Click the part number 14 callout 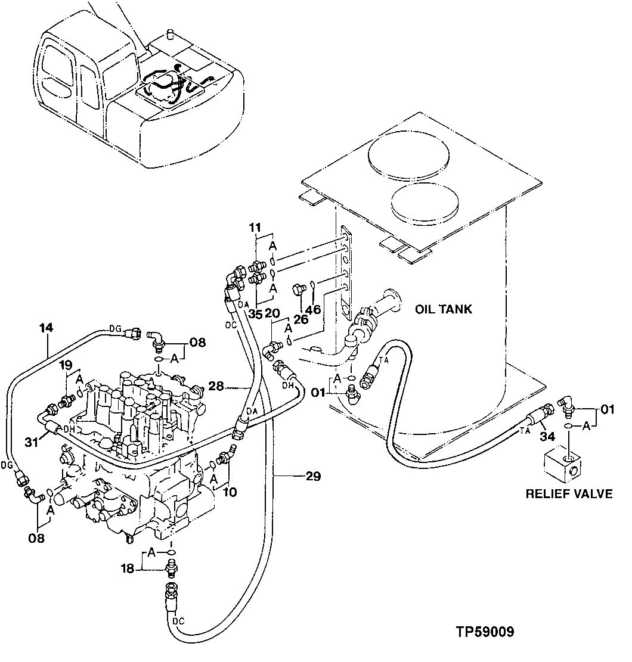(47, 327)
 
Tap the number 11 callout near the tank (255, 227)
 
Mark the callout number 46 (314, 309)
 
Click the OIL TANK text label (444, 309)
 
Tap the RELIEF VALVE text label (569, 493)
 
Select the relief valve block (562, 464)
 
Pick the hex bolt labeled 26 (298, 291)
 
